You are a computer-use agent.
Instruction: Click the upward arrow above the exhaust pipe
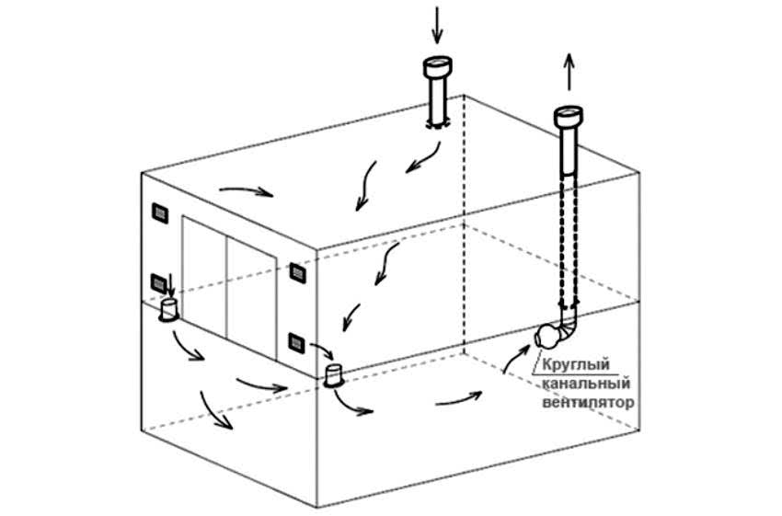[569, 72]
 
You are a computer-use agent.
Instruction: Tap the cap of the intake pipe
[436, 66]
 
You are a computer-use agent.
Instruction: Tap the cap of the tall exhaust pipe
[569, 118]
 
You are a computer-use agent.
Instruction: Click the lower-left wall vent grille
[158, 282]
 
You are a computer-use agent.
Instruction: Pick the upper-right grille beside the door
[297, 271]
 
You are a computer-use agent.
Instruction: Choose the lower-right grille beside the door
[297, 343]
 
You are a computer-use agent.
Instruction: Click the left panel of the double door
[204, 276]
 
